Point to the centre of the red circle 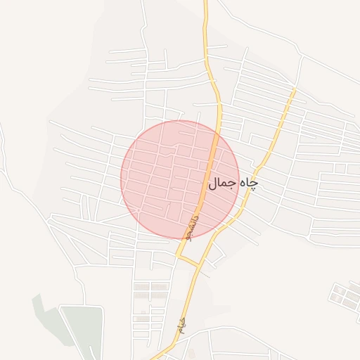coord(180,179)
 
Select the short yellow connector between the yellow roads coord(188,262)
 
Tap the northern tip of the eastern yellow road coord(294,90)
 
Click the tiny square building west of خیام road coord(143,311)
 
